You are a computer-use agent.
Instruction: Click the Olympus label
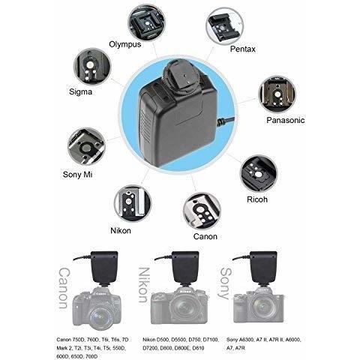click(126, 43)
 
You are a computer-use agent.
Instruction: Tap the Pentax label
click(240, 49)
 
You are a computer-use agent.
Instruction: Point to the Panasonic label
click(286, 119)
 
